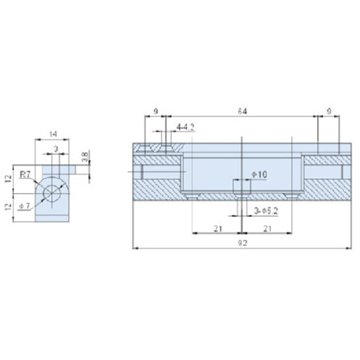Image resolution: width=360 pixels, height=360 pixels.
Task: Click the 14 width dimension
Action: pos(53,134)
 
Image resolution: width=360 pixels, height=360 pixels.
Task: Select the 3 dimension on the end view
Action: pos(55,148)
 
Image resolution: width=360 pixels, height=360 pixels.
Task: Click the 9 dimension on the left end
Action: pos(155,111)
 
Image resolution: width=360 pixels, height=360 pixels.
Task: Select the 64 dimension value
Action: pos(243,111)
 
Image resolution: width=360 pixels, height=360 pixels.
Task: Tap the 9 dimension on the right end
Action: pos(329,111)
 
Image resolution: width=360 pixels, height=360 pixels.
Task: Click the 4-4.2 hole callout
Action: pos(185,127)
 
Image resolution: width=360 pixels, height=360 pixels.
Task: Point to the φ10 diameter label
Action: pos(259,174)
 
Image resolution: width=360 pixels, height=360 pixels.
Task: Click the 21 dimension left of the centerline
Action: pos(218,229)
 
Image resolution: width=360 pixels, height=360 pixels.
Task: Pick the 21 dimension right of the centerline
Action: pos(267,229)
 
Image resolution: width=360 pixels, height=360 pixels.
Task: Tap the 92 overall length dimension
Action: pos(243,243)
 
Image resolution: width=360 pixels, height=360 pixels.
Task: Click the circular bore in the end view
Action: pos(52,193)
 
